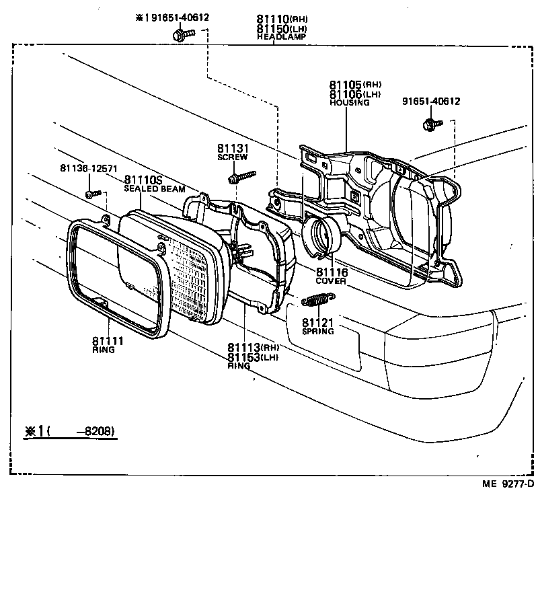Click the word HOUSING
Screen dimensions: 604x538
tap(349, 103)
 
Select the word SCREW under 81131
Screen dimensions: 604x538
tap(232, 157)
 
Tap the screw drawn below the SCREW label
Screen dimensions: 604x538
tap(241, 177)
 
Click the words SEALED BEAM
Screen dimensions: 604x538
tap(153, 190)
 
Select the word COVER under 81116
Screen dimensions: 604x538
tap(332, 281)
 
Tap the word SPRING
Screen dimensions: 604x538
tap(318, 332)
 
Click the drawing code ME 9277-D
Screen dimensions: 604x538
tap(507, 483)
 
